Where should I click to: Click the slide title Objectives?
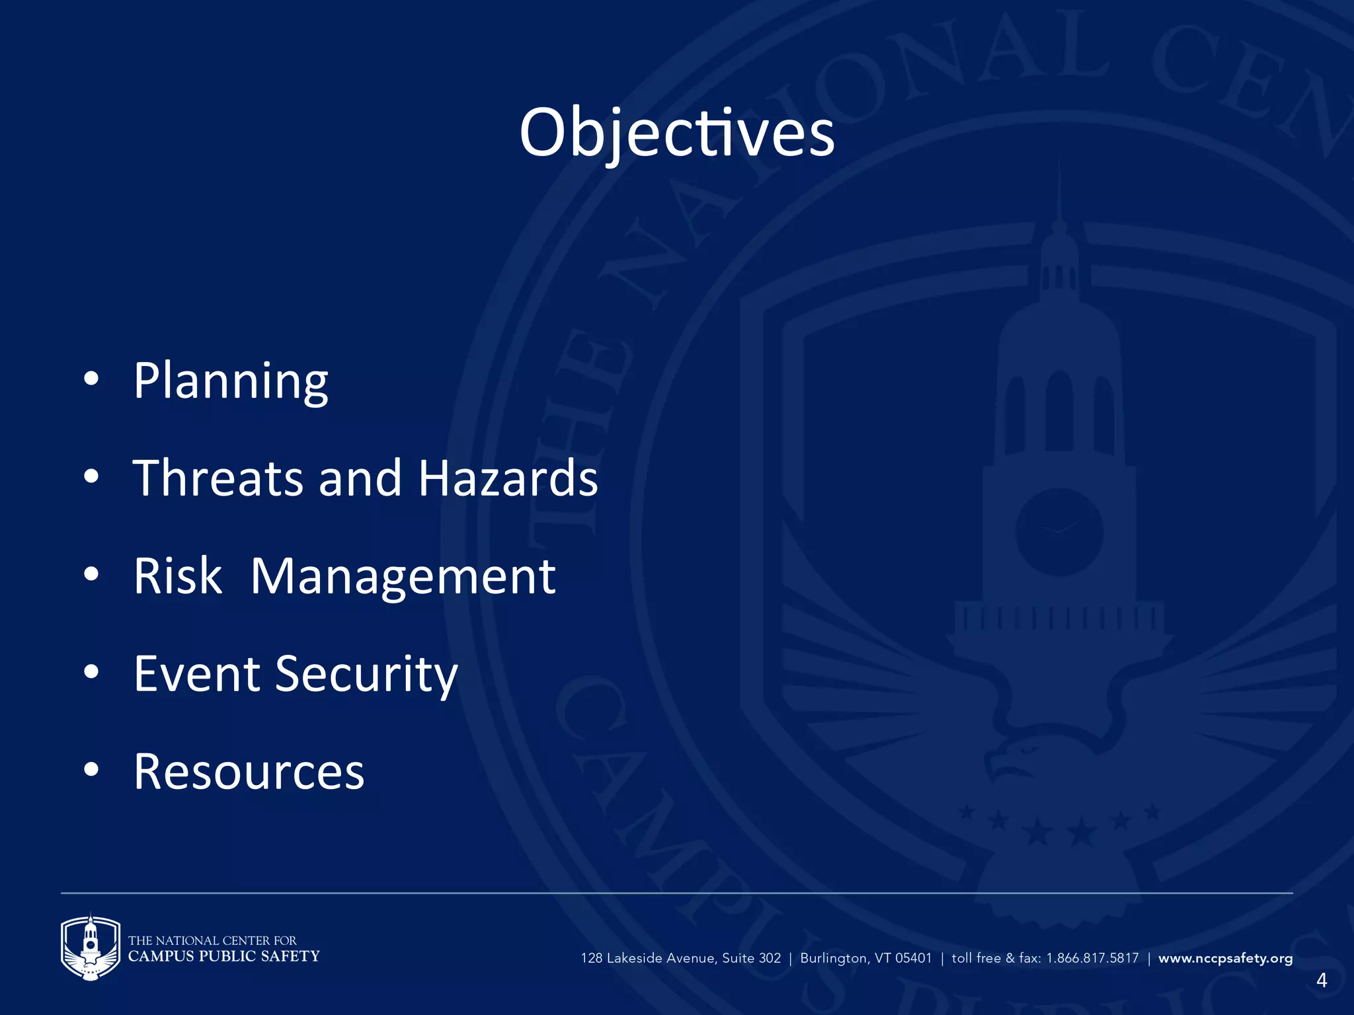[677, 133]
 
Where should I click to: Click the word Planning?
[231, 381]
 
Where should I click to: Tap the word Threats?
[218, 478]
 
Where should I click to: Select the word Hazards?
[508, 478]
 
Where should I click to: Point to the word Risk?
[178, 576]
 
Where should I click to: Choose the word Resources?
[249, 771]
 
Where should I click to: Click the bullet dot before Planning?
[91, 379]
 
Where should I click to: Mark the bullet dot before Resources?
[91, 769]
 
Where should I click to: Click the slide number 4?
[1321, 980]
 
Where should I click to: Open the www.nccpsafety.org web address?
[1225, 958]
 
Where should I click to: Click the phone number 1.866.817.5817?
[1092, 958]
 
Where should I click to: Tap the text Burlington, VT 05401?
[865, 958]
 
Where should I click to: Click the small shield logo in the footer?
[91, 946]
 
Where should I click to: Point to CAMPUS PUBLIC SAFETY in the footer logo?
[223, 956]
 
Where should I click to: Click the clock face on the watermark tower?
[1059, 532]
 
